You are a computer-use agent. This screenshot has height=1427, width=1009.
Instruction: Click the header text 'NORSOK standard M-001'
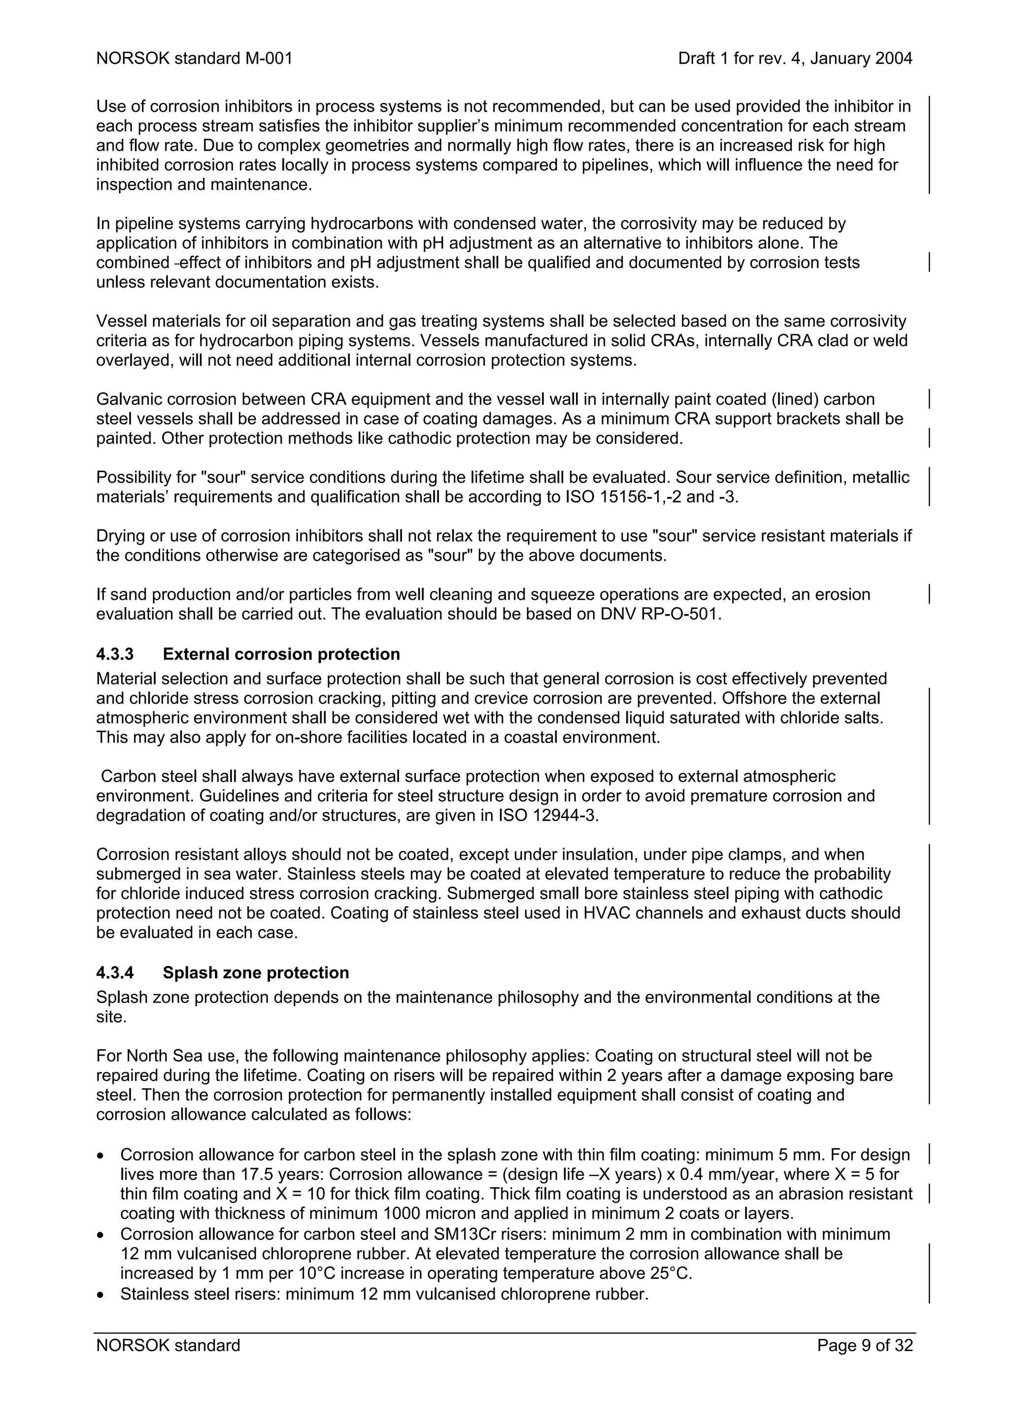click(x=194, y=59)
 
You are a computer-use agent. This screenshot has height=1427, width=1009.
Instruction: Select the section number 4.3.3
click(x=115, y=654)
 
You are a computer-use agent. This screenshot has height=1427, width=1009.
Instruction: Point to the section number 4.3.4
click(x=115, y=973)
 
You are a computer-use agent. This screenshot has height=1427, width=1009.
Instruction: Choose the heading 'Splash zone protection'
click(x=256, y=973)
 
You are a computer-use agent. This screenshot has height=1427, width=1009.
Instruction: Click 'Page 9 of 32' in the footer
click(x=865, y=1346)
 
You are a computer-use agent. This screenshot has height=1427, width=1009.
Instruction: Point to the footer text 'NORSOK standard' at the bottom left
click(x=168, y=1346)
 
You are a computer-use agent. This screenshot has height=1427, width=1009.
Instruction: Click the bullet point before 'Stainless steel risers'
click(x=101, y=1295)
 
